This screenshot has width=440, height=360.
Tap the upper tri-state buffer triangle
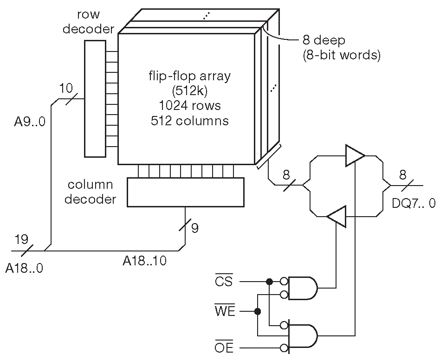355,155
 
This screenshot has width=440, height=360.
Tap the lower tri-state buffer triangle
336,217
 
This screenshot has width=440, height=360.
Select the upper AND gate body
303,288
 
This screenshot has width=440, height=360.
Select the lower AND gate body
303,336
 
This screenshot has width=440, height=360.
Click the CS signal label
224,281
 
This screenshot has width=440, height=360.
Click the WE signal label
225,311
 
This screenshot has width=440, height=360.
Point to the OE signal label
224,347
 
